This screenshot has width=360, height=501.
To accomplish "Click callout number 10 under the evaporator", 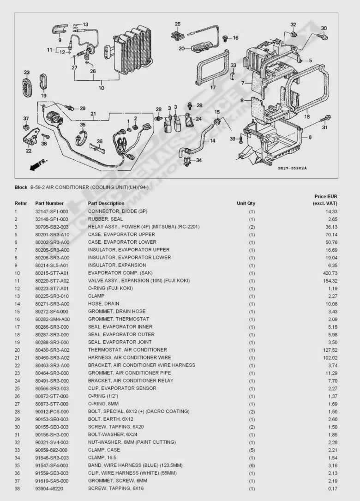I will (x=101, y=88).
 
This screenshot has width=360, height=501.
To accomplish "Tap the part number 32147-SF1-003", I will (x=52, y=211).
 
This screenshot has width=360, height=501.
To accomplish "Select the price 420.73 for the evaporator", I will (x=330, y=273).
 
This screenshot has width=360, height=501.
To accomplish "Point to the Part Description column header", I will (x=106, y=203).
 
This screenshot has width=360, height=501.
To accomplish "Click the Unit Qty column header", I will (x=246, y=203).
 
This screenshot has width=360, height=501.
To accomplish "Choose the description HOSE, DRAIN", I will (x=103, y=304).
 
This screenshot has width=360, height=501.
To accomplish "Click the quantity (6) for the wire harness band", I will (x=252, y=465).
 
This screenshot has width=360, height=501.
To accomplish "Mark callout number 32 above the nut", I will (x=293, y=24).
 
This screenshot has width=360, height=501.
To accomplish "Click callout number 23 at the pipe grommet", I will (x=27, y=72).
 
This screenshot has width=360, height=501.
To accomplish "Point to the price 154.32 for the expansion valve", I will (x=330, y=281).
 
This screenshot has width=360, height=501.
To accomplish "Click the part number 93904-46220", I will (x=50, y=489).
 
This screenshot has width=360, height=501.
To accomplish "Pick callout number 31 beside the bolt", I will (x=325, y=127).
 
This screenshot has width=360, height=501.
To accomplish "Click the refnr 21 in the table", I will (x=17, y=358).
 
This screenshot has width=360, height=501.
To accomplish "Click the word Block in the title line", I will (x=21, y=187).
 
